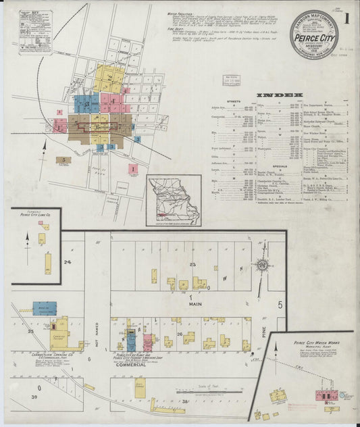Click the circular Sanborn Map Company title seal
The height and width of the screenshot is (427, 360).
[x=314, y=34]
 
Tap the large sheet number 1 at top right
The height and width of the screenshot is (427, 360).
[x=346, y=18]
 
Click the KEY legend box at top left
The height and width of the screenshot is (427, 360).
[x=27, y=30]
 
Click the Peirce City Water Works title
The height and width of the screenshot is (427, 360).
[x=311, y=343]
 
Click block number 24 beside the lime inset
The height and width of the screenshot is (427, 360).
[x=68, y=261]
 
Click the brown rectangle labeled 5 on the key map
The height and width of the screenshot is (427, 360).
[x=65, y=160]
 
